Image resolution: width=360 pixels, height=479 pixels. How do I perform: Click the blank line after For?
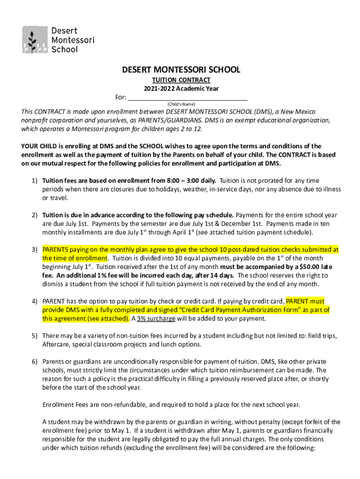pos(187,97)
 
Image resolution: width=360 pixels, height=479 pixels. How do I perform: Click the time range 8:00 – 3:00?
pos(183,181)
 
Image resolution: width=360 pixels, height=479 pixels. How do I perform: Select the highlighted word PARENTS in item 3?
pos(56,250)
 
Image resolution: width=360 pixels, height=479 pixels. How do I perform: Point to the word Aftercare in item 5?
pos(57,345)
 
